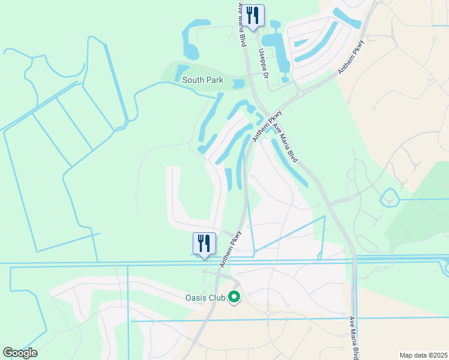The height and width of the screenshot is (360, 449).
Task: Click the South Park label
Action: click(202, 80)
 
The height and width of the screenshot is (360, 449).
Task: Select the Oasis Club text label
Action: click(204, 297)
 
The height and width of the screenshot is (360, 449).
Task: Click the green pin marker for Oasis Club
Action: click(235, 297)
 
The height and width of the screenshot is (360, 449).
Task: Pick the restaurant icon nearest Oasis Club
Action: click(204, 244)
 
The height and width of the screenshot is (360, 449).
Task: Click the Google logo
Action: click(20, 353)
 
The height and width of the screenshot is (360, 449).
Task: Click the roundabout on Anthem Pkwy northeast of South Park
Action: click(300, 93)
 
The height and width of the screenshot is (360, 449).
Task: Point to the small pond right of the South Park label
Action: click(238, 84)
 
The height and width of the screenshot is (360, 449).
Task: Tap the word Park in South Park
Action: click(214, 80)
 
